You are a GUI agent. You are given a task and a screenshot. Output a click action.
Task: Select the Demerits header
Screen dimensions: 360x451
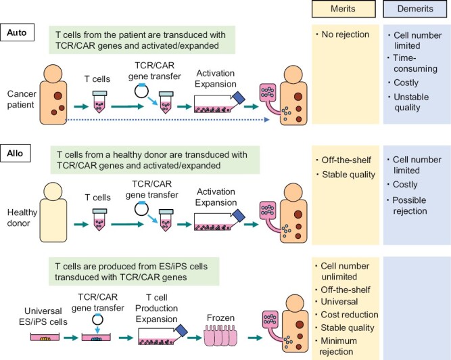pos(411,9)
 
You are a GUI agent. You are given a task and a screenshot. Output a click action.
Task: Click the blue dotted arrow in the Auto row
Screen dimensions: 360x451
pos(169,120)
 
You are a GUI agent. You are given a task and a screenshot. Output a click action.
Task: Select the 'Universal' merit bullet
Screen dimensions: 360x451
pos(341,300)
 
